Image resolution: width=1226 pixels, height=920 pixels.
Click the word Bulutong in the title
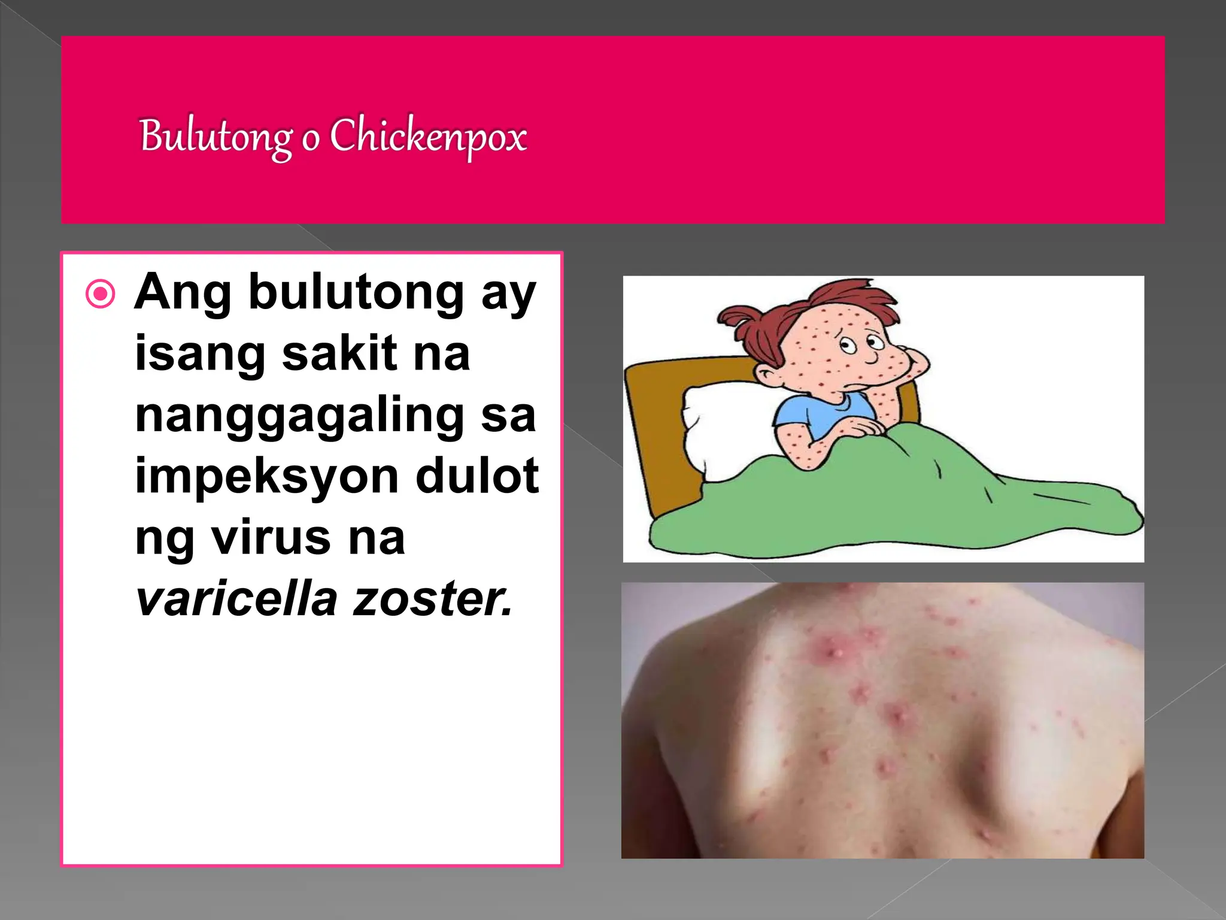216,137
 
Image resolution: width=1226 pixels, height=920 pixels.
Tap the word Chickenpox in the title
428,137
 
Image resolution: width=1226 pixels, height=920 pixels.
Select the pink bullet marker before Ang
100,294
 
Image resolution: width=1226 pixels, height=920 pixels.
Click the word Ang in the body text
183,293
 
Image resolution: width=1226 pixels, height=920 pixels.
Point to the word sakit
339,353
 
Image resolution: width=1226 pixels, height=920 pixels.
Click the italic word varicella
236,598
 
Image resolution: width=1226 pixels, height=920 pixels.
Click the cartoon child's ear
766,375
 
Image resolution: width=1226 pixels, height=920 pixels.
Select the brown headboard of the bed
658,431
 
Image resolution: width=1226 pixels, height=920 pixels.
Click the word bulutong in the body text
356,293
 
